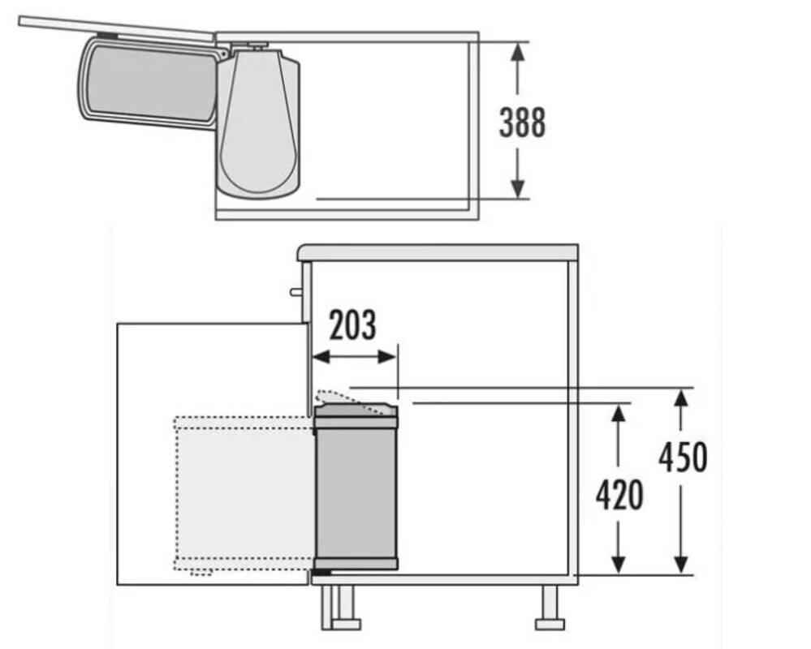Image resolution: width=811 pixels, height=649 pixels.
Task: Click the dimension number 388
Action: [522, 123]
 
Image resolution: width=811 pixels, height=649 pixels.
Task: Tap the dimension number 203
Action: [353, 325]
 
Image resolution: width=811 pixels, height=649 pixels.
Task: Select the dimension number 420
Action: [619, 495]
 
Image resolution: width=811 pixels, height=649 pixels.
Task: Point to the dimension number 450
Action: [683, 457]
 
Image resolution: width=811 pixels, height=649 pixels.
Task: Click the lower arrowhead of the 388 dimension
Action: [518, 188]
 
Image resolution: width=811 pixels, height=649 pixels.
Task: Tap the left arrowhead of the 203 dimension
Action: [321, 356]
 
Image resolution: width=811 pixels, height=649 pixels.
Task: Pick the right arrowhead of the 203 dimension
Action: [388, 356]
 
